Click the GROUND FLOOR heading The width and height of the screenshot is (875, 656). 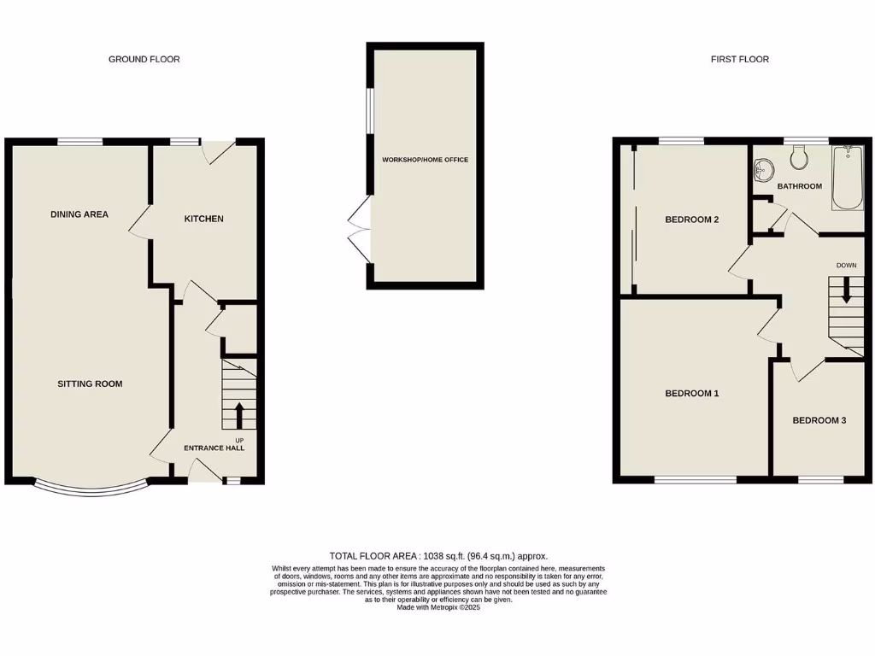click(144, 59)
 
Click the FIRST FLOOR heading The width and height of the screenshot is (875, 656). click(739, 59)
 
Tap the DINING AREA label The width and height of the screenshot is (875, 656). click(79, 214)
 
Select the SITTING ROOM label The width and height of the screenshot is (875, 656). click(90, 384)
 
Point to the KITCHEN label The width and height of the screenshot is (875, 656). click(204, 219)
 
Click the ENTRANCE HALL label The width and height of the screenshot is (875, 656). click(214, 448)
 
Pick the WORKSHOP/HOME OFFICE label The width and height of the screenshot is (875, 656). click(425, 160)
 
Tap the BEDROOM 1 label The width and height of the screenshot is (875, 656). click(692, 394)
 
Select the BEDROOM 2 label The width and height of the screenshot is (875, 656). click(692, 220)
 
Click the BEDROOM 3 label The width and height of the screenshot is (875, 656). click(819, 420)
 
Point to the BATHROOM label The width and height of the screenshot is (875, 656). click(800, 186)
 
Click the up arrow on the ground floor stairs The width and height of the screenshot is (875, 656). click(238, 416)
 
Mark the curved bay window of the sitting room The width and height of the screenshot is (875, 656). click(91, 491)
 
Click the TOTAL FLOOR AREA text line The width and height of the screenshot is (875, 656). click(438, 555)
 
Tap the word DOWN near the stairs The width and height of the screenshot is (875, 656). click(846, 266)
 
